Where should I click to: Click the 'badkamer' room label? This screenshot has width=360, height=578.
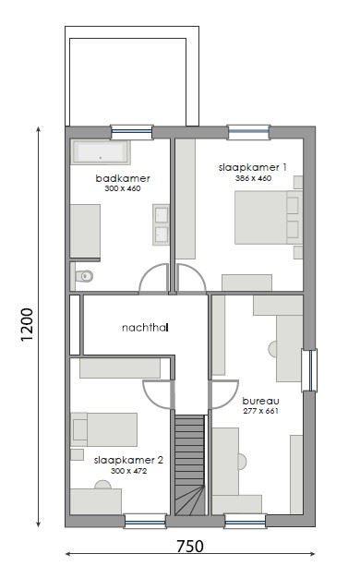coord(122,178)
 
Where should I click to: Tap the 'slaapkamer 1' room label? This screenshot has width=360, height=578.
coord(253,167)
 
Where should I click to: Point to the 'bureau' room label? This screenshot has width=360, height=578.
coord(259,401)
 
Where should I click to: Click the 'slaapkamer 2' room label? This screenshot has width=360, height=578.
coord(128,459)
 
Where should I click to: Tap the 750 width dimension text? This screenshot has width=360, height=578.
coord(189,546)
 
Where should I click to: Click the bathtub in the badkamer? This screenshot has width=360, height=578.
coord(102,152)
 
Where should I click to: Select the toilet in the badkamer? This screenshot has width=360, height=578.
coord(84,274)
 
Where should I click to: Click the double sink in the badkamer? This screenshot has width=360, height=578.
coord(162,224)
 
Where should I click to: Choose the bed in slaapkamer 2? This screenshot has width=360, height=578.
coord(103,429)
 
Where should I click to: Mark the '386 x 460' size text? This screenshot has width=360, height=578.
coord(253,178)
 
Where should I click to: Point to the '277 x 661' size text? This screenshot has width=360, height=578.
coord(259,411)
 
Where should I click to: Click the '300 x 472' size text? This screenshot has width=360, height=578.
coord(128,470)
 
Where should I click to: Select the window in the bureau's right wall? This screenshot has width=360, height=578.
coord(309,369)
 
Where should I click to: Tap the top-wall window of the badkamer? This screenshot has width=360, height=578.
coord(131,132)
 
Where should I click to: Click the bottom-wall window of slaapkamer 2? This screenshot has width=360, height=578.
coord(145,521)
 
